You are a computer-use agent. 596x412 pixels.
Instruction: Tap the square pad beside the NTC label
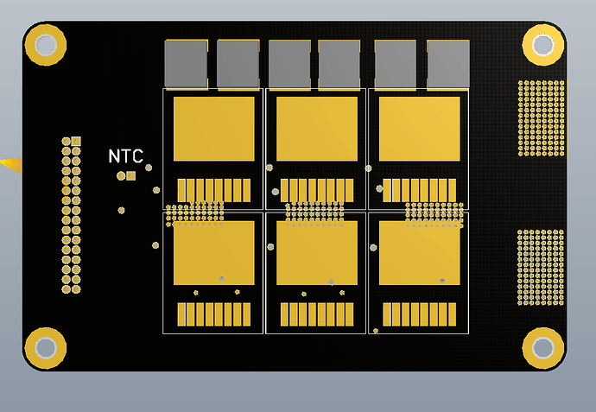(x=131, y=175)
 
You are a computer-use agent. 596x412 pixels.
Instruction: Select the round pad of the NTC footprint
(x=121, y=175)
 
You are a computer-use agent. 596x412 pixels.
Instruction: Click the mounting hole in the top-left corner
(x=45, y=44)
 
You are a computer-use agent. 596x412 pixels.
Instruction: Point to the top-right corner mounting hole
(x=542, y=44)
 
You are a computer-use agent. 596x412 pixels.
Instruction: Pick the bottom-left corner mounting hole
(x=45, y=347)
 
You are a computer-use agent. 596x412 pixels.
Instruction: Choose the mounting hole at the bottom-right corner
(x=542, y=347)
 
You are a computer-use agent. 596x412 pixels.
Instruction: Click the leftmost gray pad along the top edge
(x=186, y=64)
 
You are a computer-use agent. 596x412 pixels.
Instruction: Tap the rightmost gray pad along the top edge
(x=448, y=64)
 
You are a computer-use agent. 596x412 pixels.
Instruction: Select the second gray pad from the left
(x=238, y=64)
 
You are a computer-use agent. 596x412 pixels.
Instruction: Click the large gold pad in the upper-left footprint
(x=214, y=129)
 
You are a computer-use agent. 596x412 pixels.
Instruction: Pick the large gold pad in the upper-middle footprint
(x=317, y=129)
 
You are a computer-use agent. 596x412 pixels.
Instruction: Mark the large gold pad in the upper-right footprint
(x=420, y=129)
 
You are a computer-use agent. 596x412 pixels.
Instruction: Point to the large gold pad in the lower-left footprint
(x=214, y=253)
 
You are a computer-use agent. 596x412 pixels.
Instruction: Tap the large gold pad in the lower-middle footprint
(x=317, y=253)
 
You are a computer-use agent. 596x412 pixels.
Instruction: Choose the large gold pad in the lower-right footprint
(x=420, y=253)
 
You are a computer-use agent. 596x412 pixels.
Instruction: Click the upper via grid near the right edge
(x=541, y=118)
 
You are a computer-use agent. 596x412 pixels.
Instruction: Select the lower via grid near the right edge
(x=541, y=267)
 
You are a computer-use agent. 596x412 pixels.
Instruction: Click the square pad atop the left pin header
(x=76, y=141)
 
